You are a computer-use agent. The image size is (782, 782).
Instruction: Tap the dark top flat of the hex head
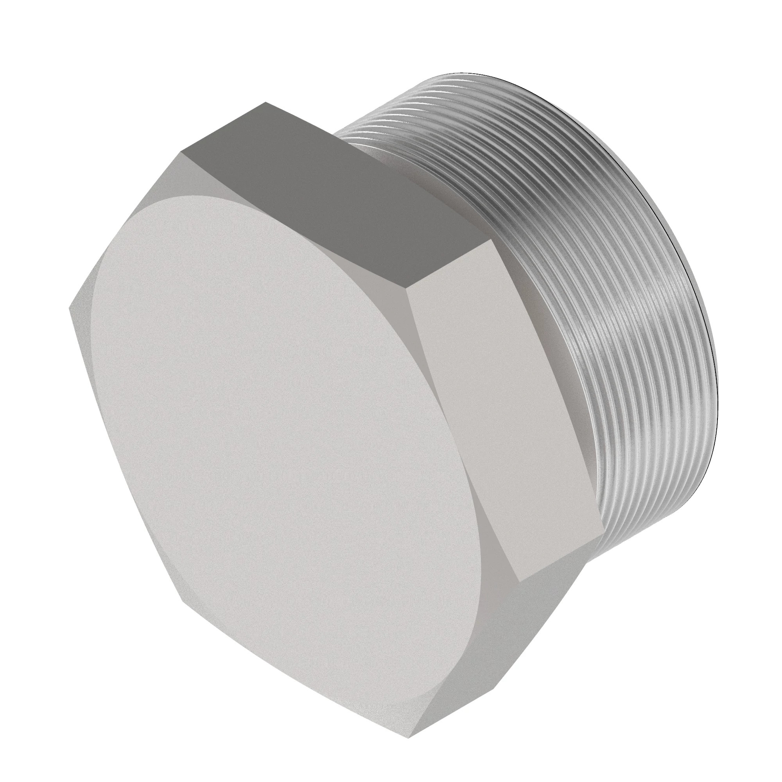(336, 194)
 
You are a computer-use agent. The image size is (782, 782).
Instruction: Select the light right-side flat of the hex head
(506, 409)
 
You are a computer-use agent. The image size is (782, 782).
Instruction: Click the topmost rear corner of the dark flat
(265, 102)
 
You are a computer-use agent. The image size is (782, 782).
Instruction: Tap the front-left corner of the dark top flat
(181, 153)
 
